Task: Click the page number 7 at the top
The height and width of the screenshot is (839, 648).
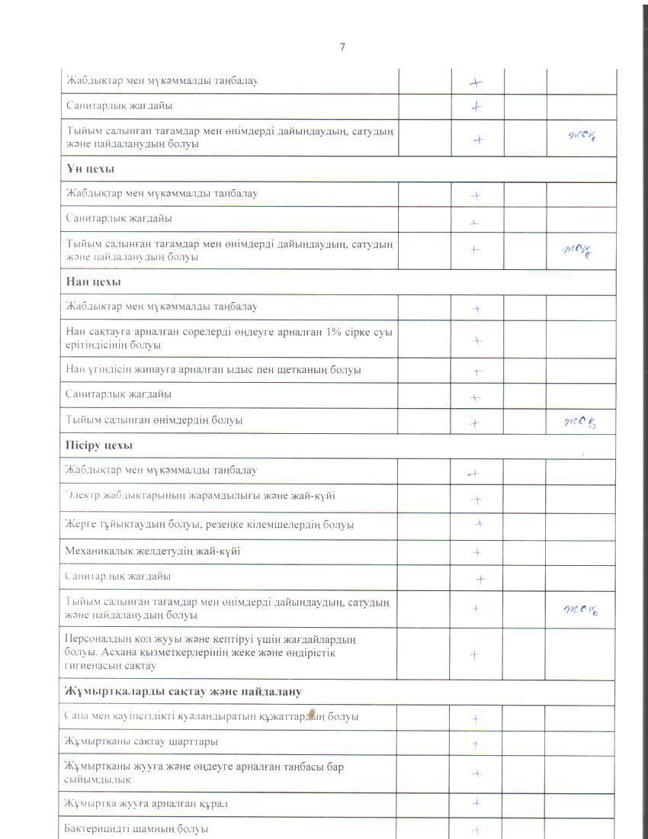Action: pyautogui.click(x=342, y=47)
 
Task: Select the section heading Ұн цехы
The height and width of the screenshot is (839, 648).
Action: pyautogui.click(x=85, y=169)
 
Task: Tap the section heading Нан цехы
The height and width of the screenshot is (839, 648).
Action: pyautogui.click(x=88, y=281)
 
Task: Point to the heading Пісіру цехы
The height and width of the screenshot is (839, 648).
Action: pyautogui.click(x=95, y=445)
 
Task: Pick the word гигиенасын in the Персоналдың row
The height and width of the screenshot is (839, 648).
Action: pyautogui.click(x=91, y=666)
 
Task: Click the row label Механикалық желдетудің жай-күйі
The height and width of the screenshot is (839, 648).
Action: pyautogui.click(x=152, y=551)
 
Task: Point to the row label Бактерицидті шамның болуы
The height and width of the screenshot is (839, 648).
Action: pyautogui.click(x=137, y=828)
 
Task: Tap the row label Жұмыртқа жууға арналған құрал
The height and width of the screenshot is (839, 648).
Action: pyautogui.click(x=146, y=803)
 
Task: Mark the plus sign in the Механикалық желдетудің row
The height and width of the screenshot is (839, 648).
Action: pyautogui.click(x=476, y=551)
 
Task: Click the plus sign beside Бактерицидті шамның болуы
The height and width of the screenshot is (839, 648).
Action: pyautogui.click(x=475, y=831)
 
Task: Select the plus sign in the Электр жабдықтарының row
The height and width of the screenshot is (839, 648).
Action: pyautogui.click(x=476, y=500)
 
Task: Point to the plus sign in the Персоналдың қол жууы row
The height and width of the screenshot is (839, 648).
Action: pyautogui.click(x=475, y=654)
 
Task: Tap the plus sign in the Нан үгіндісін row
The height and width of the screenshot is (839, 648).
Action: pyautogui.click(x=476, y=372)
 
